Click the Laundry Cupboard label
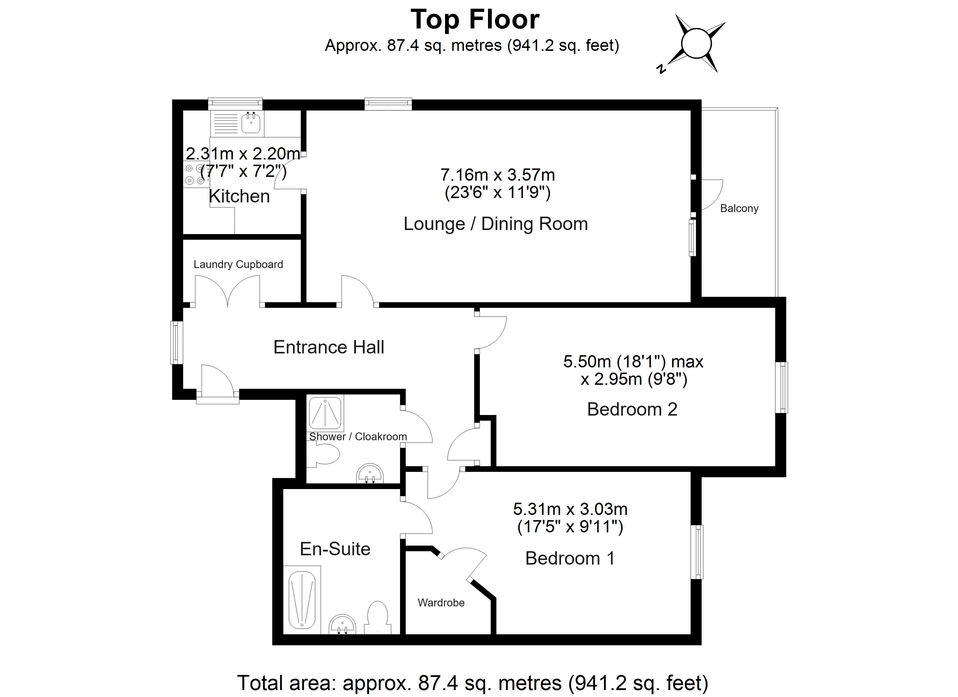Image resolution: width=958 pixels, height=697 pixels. [x=238, y=265]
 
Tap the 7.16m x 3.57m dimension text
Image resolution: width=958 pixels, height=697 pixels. [x=497, y=175]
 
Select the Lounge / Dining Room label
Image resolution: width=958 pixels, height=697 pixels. [x=496, y=224]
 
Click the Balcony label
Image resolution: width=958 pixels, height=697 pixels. [x=739, y=209]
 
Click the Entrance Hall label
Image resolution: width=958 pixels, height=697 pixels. [x=329, y=347]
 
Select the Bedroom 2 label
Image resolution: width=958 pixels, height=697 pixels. [x=632, y=409]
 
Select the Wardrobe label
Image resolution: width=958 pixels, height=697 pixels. [x=441, y=603]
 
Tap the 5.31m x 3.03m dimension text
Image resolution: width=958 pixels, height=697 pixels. [x=570, y=509]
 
